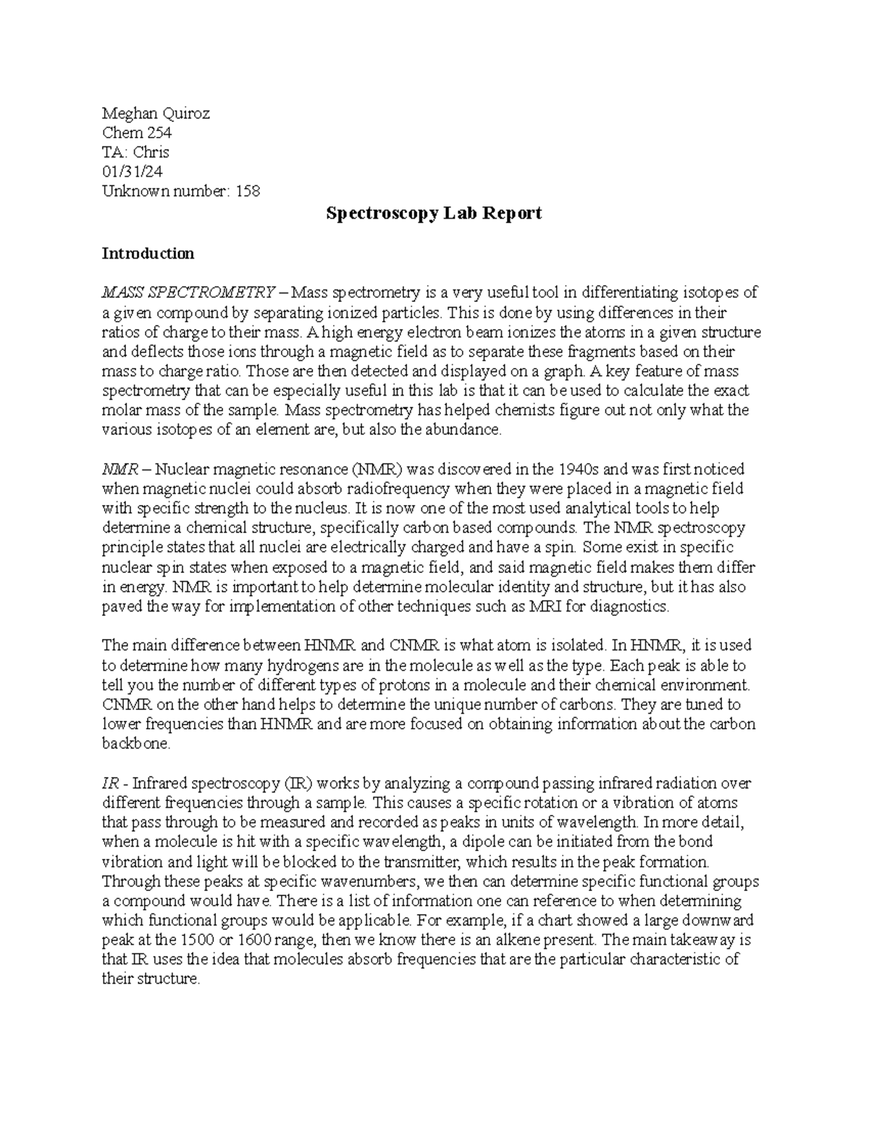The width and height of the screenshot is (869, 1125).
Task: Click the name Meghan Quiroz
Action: tap(156, 113)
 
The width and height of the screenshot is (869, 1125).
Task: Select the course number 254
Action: tap(159, 133)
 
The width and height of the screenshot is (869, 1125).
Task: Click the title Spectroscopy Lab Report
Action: tap(434, 214)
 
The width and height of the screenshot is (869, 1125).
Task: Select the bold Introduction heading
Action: tap(148, 254)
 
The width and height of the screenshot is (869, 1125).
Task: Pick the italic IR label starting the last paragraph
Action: tap(109, 784)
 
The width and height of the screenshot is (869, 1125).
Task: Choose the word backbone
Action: tap(135, 744)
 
